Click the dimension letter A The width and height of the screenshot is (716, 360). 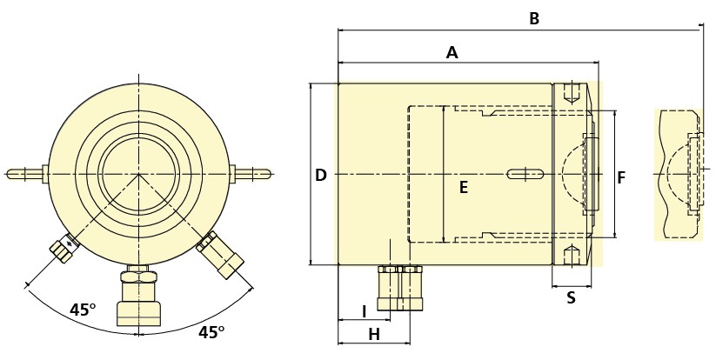(452, 53)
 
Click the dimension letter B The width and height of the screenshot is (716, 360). (534, 18)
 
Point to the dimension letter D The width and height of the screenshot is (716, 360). (321, 176)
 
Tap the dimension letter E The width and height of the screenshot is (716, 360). (464, 187)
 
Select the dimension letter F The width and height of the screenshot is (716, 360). (621, 178)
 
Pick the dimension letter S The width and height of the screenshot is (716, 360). (571, 297)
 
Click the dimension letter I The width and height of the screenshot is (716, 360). (364, 311)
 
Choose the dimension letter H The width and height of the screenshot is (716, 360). (373, 334)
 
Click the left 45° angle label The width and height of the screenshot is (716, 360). (83, 310)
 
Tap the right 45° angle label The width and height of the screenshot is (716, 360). (211, 331)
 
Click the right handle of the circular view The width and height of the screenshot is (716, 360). (253, 173)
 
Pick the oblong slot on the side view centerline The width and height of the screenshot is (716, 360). (527, 175)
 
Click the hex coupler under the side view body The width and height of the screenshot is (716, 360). (399, 289)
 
